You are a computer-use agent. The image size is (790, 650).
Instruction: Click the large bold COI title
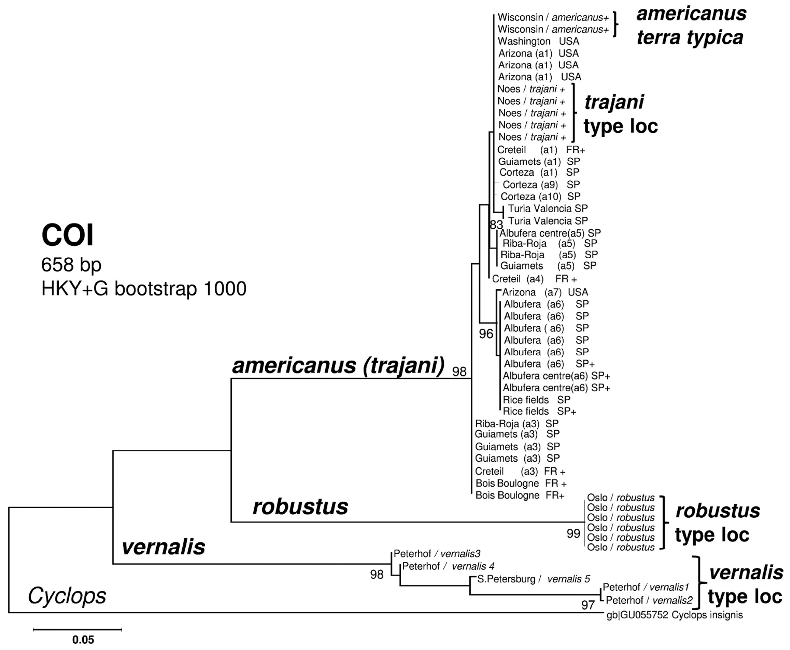click(x=67, y=235)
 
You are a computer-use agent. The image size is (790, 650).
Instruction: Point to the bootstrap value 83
click(x=496, y=225)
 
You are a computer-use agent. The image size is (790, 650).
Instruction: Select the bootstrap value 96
click(x=486, y=334)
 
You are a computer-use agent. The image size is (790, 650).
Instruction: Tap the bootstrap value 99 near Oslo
click(x=573, y=533)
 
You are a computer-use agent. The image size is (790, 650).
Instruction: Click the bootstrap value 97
click(x=588, y=605)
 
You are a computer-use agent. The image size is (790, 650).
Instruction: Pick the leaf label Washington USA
click(x=538, y=41)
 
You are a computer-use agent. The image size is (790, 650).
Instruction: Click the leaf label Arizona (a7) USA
click(x=545, y=292)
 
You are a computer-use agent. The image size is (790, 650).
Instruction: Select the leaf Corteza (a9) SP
click(x=541, y=185)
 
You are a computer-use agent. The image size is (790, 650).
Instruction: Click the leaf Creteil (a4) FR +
click(x=534, y=279)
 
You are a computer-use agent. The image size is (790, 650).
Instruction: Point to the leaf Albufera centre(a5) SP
click(x=550, y=233)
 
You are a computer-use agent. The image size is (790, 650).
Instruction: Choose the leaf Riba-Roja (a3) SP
click(x=516, y=423)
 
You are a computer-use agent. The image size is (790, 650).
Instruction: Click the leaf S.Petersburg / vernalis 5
click(x=533, y=579)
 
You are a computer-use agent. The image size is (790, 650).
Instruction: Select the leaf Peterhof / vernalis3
click(x=437, y=554)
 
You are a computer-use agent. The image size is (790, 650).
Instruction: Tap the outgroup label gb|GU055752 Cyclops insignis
click(x=674, y=615)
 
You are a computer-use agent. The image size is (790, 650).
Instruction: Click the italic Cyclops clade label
click(x=67, y=596)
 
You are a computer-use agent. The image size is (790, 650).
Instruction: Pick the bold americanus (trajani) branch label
click(x=338, y=366)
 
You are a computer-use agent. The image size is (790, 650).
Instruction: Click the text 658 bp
click(x=71, y=264)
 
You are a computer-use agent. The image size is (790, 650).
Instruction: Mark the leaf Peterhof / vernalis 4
click(x=448, y=566)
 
